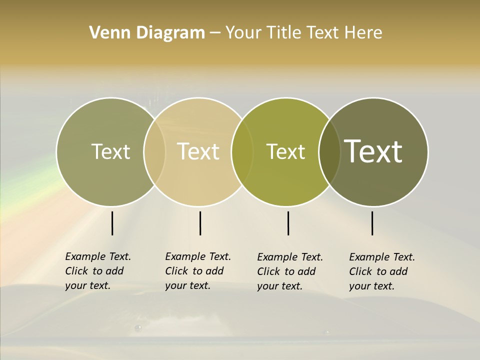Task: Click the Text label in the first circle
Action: [110, 151]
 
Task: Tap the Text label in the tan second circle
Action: [198, 151]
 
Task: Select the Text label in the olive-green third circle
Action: [286, 151]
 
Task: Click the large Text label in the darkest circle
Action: [373, 151]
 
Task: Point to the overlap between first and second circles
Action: [154, 152]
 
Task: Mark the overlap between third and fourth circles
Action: [329, 152]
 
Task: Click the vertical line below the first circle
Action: [112, 223]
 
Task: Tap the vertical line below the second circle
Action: [200, 223]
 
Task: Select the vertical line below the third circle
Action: [288, 223]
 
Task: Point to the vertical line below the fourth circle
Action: [372, 223]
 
